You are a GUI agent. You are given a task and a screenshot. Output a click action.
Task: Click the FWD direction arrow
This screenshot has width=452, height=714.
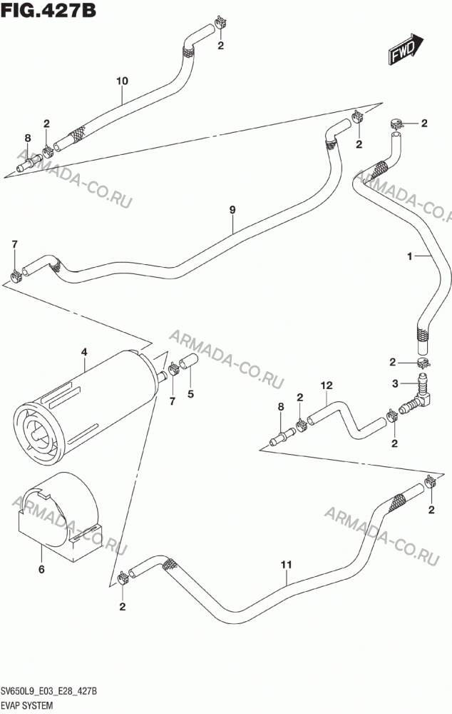406,49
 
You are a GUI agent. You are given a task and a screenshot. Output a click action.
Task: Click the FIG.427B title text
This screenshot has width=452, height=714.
49,10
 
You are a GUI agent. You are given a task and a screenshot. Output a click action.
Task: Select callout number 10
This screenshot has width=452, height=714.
122,81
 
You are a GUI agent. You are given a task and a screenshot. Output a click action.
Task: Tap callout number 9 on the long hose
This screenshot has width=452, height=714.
232,210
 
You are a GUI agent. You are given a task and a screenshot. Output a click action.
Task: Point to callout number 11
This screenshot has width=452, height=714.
286,565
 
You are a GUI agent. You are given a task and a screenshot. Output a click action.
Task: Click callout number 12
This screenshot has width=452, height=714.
326,386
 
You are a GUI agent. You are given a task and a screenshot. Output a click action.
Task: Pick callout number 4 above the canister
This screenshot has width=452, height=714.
84,352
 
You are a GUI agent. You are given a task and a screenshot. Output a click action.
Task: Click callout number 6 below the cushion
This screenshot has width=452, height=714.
41,569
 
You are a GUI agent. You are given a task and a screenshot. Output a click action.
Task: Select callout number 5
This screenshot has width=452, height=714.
190,394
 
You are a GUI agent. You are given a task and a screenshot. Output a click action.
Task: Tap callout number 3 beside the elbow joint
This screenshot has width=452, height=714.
395,384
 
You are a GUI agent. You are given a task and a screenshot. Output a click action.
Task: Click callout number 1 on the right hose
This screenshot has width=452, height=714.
409,256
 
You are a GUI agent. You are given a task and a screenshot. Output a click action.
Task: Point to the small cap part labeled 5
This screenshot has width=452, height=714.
188,361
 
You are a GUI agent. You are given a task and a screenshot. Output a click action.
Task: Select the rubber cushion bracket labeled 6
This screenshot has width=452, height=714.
59,515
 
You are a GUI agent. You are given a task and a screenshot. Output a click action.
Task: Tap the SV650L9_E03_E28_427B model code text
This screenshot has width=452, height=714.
49,692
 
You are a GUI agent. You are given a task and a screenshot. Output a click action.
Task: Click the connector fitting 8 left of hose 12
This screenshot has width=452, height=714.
282,436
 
